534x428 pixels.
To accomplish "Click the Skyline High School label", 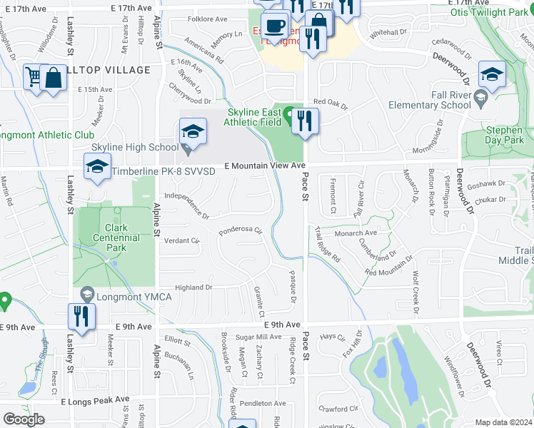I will click(x=133, y=147).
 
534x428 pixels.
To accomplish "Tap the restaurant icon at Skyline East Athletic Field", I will click(x=305, y=121).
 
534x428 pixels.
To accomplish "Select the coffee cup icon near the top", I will click(x=274, y=27).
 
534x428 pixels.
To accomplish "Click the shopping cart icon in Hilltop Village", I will click(x=33, y=76).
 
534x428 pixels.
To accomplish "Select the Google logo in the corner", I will click(x=24, y=419).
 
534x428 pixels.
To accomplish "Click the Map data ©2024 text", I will click(x=503, y=422).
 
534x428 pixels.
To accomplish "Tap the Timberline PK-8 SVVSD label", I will click(x=161, y=171).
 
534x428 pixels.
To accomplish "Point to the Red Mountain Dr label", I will click(x=389, y=267).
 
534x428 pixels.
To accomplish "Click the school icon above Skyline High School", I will click(x=193, y=131).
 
